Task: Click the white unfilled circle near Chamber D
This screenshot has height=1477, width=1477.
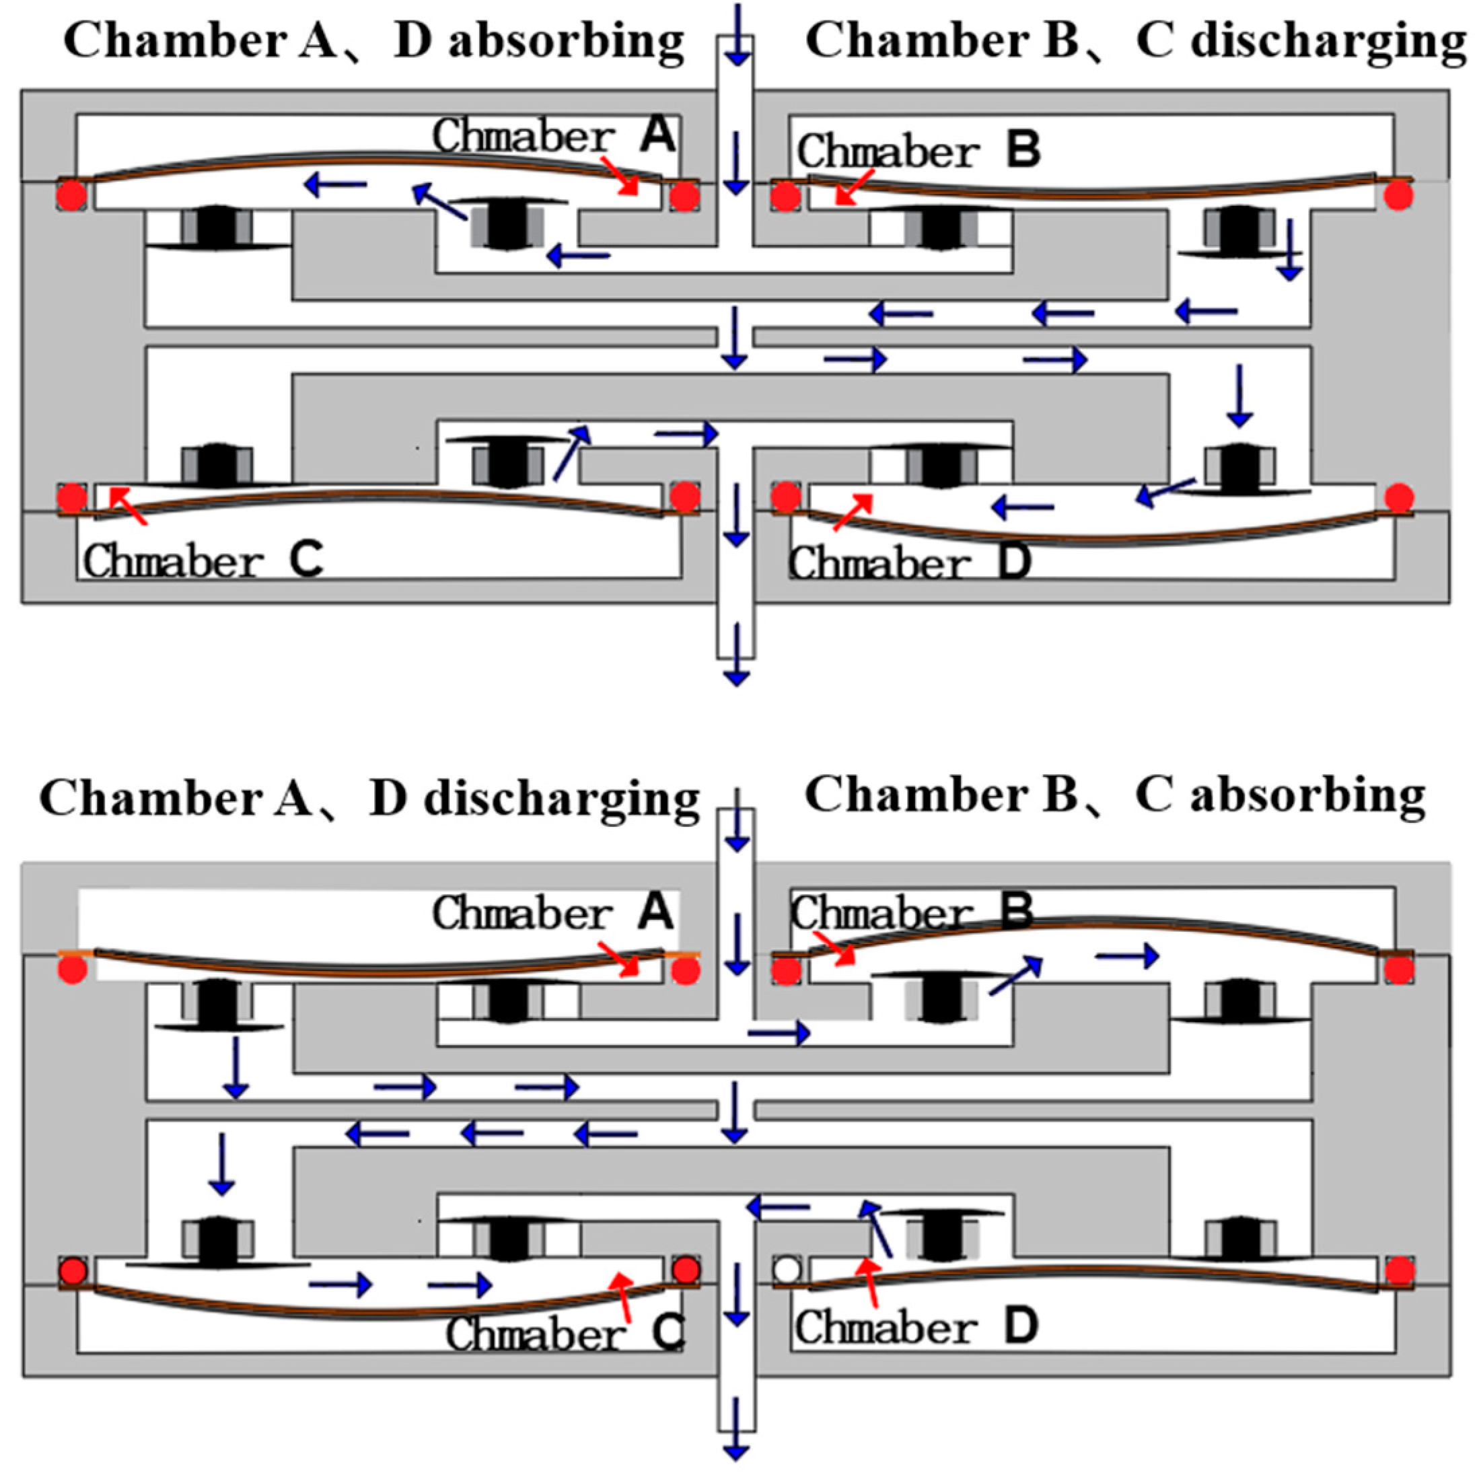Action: coord(787,1270)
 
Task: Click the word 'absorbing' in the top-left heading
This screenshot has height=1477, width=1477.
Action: coord(565,41)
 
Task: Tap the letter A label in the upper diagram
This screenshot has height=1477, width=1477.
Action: coord(657,135)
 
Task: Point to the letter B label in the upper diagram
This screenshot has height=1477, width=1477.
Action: coord(1023,151)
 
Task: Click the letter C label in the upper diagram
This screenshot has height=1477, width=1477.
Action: coord(305,561)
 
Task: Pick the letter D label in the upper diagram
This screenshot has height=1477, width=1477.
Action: coord(1014,563)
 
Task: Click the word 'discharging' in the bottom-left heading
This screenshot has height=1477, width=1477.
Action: coord(561,799)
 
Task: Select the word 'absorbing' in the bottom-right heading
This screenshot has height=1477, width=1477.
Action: coord(1307,796)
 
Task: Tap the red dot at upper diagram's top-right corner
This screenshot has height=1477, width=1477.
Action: coord(1398,196)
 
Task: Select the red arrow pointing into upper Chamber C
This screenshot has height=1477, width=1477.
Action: coord(128,506)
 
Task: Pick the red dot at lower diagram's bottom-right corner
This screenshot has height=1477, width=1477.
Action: coord(1399,1271)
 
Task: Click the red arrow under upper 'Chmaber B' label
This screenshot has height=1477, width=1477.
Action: coord(854,188)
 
